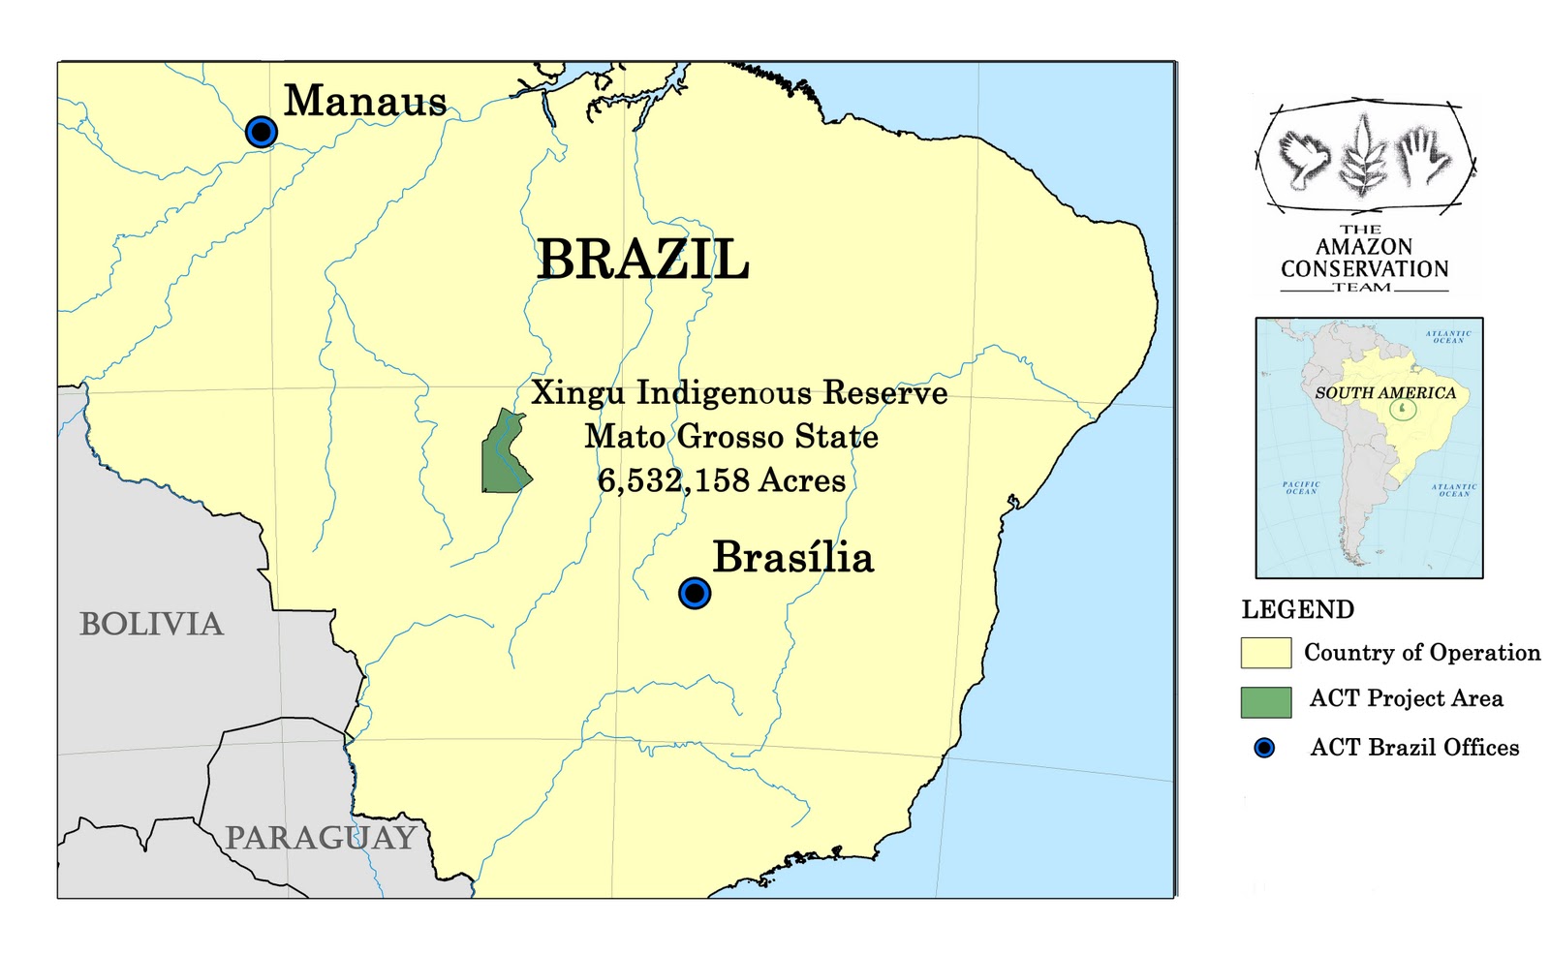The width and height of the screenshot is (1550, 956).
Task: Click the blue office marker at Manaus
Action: point(262,131)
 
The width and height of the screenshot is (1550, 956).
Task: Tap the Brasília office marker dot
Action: point(695,593)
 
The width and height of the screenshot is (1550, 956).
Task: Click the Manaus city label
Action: point(365,101)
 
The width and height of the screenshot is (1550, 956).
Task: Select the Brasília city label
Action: point(792,558)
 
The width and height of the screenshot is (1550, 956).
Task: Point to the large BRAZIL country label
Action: point(643,259)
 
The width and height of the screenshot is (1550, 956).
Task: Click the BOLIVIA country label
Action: point(151,624)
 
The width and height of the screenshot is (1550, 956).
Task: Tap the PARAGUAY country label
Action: point(321,838)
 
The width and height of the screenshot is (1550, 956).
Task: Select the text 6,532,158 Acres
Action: point(721,480)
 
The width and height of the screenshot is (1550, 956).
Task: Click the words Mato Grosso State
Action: point(730,437)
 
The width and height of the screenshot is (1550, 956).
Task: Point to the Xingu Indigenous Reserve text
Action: point(739,393)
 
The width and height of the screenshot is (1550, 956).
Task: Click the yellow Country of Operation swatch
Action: point(1265,653)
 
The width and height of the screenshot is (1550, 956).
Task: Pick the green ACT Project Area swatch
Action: point(1265,702)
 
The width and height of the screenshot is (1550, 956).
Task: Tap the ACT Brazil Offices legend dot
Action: point(1264,748)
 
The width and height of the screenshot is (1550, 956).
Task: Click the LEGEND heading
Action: point(1297,609)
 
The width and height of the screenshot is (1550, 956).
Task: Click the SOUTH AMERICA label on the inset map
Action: point(1385,393)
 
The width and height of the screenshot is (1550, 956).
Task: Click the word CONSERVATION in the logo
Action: point(1364,269)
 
